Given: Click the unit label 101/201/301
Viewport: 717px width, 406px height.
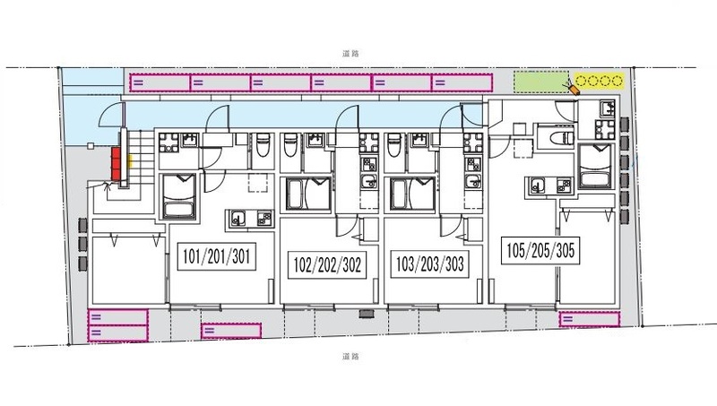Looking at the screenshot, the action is coord(216,256).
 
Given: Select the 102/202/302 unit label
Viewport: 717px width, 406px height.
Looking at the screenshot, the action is coord(327,264).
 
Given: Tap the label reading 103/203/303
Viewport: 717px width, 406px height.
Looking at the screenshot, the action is coord(429,263).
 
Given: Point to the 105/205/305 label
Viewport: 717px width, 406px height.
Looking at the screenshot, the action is coord(540,251).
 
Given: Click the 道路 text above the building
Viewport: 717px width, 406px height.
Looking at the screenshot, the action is coord(350,54).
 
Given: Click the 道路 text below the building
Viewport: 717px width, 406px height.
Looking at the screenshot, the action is coord(350,356).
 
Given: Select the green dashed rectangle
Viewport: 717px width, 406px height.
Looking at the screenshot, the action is coord(541,82).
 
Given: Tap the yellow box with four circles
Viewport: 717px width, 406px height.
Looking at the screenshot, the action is coord(599,82).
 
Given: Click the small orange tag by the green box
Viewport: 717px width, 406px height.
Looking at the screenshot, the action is coord(574,89).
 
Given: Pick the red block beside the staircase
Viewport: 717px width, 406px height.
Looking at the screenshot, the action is coord(117,164).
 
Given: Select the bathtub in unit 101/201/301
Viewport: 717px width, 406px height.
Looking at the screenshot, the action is coord(180,197).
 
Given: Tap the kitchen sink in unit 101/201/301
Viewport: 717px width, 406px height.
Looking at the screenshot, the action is coord(238,219).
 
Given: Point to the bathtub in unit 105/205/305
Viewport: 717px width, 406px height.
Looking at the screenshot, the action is coord(595,167).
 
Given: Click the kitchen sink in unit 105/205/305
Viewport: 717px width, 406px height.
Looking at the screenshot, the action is coord(537,186).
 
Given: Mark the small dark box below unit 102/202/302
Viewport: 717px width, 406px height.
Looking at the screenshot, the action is coord(367,314).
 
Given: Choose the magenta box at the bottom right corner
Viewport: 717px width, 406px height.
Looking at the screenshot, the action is coord(590,319).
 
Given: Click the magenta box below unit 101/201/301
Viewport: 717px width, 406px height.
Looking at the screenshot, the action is coord(231,331).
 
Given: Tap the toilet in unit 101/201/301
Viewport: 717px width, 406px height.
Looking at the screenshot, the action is coord(262,144).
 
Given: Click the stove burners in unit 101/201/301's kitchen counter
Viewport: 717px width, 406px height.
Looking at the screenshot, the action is coord(264,219).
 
